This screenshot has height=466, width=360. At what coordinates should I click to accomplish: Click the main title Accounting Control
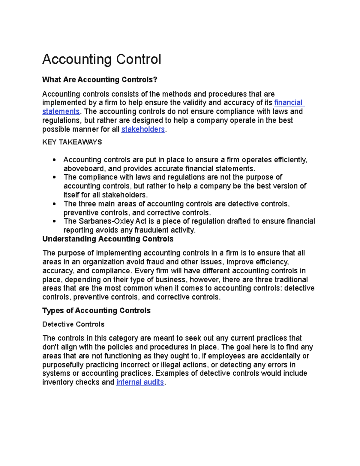point(102,59)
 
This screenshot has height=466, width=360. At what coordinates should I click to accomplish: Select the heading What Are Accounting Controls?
point(100,80)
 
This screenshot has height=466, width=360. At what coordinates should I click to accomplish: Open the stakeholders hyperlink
point(143,129)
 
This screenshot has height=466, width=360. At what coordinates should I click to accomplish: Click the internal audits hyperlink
point(140,382)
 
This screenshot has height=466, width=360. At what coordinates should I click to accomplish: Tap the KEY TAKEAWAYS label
point(72,142)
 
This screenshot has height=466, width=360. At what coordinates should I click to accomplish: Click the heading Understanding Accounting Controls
point(108,239)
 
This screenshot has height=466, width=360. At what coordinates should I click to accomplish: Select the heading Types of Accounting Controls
point(96,311)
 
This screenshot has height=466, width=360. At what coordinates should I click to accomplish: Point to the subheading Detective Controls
point(73,324)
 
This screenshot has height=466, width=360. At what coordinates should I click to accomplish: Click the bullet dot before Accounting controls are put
point(54,160)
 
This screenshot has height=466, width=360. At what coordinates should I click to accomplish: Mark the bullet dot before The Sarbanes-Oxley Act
point(54,221)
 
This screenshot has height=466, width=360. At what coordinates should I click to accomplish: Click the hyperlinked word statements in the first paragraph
point(61,112)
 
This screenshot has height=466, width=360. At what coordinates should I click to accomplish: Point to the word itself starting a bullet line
point(71,195)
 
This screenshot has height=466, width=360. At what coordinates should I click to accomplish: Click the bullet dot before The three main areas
point(54,204)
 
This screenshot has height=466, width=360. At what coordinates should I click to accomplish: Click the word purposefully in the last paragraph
point(63,365)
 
